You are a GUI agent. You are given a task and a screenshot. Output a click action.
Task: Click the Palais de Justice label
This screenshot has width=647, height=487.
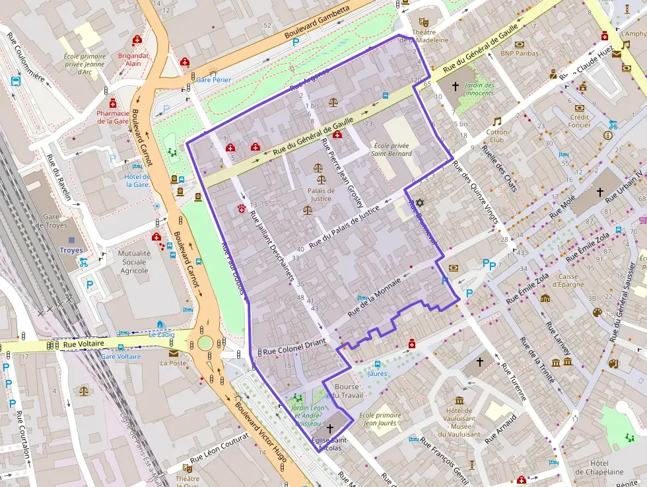point(322,195)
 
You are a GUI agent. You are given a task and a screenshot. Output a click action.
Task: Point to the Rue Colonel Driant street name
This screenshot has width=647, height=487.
point(294,352)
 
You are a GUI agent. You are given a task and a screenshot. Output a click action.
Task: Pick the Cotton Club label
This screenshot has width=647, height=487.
point(497,135)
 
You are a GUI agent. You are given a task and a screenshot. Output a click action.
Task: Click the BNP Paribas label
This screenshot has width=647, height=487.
point(519,54)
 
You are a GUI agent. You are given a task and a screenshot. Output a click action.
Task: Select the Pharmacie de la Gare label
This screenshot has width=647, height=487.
point(113,117)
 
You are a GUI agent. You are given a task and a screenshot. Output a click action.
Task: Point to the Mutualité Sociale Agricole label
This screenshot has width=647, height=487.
point(134,261)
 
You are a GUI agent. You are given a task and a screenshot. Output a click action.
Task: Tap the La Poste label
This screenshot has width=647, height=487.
point(174,363)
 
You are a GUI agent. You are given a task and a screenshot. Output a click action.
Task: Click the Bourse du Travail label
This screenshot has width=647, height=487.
point(349,391)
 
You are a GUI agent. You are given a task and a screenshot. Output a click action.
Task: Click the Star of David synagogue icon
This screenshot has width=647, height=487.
point(418,202)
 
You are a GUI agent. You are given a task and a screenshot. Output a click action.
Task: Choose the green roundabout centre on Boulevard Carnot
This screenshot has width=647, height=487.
point(205,343)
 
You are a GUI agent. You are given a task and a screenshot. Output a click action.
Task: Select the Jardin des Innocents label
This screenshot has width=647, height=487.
point(479,89)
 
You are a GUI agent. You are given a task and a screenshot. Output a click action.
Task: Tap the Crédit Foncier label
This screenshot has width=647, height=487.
point(580,121)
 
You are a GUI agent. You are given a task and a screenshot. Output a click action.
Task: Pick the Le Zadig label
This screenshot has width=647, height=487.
point(161,335)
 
